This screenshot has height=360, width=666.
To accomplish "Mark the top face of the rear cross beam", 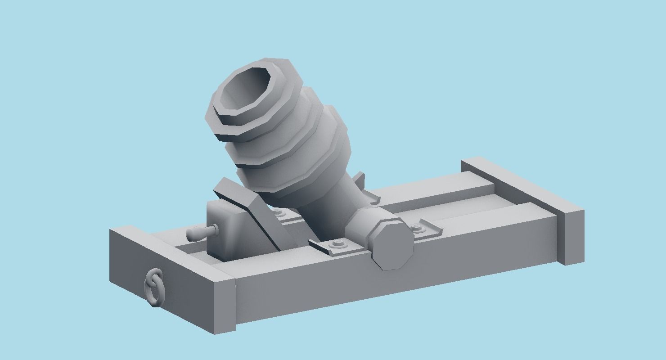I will coord(522,184).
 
